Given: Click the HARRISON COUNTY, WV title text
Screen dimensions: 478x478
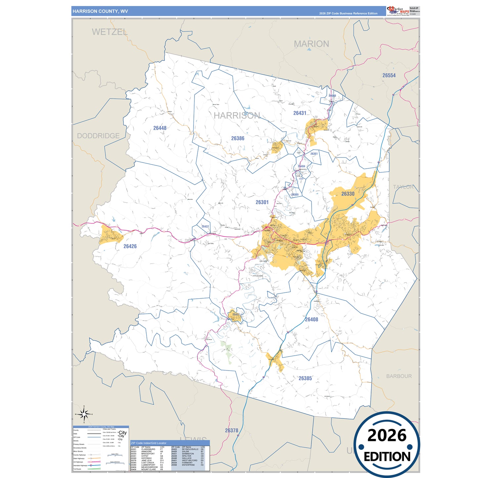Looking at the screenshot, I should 100,11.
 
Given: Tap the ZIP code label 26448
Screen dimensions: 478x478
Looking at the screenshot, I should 160,128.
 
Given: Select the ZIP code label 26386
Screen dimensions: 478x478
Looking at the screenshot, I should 238,138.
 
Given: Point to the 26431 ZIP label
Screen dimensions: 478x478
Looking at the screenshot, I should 300,113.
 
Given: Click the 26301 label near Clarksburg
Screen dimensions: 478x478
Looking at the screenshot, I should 262,202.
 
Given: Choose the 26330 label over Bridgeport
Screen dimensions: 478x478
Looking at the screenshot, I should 348,194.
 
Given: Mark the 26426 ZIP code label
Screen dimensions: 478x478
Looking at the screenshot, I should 130,246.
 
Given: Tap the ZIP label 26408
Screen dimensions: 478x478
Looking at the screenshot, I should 311,320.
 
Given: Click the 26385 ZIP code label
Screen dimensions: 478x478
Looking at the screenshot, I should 305,378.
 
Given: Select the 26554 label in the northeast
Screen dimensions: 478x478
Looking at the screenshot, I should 389,75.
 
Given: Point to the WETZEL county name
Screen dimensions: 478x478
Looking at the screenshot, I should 109,32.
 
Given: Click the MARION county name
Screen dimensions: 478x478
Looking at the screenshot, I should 311,44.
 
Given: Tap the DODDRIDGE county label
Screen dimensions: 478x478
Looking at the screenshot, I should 98,136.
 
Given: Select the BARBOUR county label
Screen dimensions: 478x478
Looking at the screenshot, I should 399,376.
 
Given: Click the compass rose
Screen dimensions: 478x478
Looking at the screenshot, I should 84,414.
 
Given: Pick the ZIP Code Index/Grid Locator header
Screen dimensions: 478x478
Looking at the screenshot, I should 149,443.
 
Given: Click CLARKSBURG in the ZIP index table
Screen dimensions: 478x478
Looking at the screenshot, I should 148,449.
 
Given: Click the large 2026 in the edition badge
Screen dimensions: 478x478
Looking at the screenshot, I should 387,435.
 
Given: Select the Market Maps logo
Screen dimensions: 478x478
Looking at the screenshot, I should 398,11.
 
